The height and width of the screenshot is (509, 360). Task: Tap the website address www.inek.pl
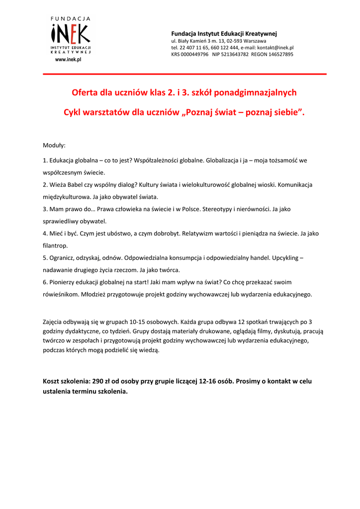(68, 60)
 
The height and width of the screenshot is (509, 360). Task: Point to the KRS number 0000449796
(195, 55)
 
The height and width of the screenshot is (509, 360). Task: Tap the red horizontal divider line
(184, 74)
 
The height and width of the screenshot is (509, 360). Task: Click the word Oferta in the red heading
(86, 93)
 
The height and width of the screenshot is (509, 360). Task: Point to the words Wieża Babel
(65, 185)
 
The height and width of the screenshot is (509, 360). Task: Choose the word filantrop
(55, 246)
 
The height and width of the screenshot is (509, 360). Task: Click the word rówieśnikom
(61, 294)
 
